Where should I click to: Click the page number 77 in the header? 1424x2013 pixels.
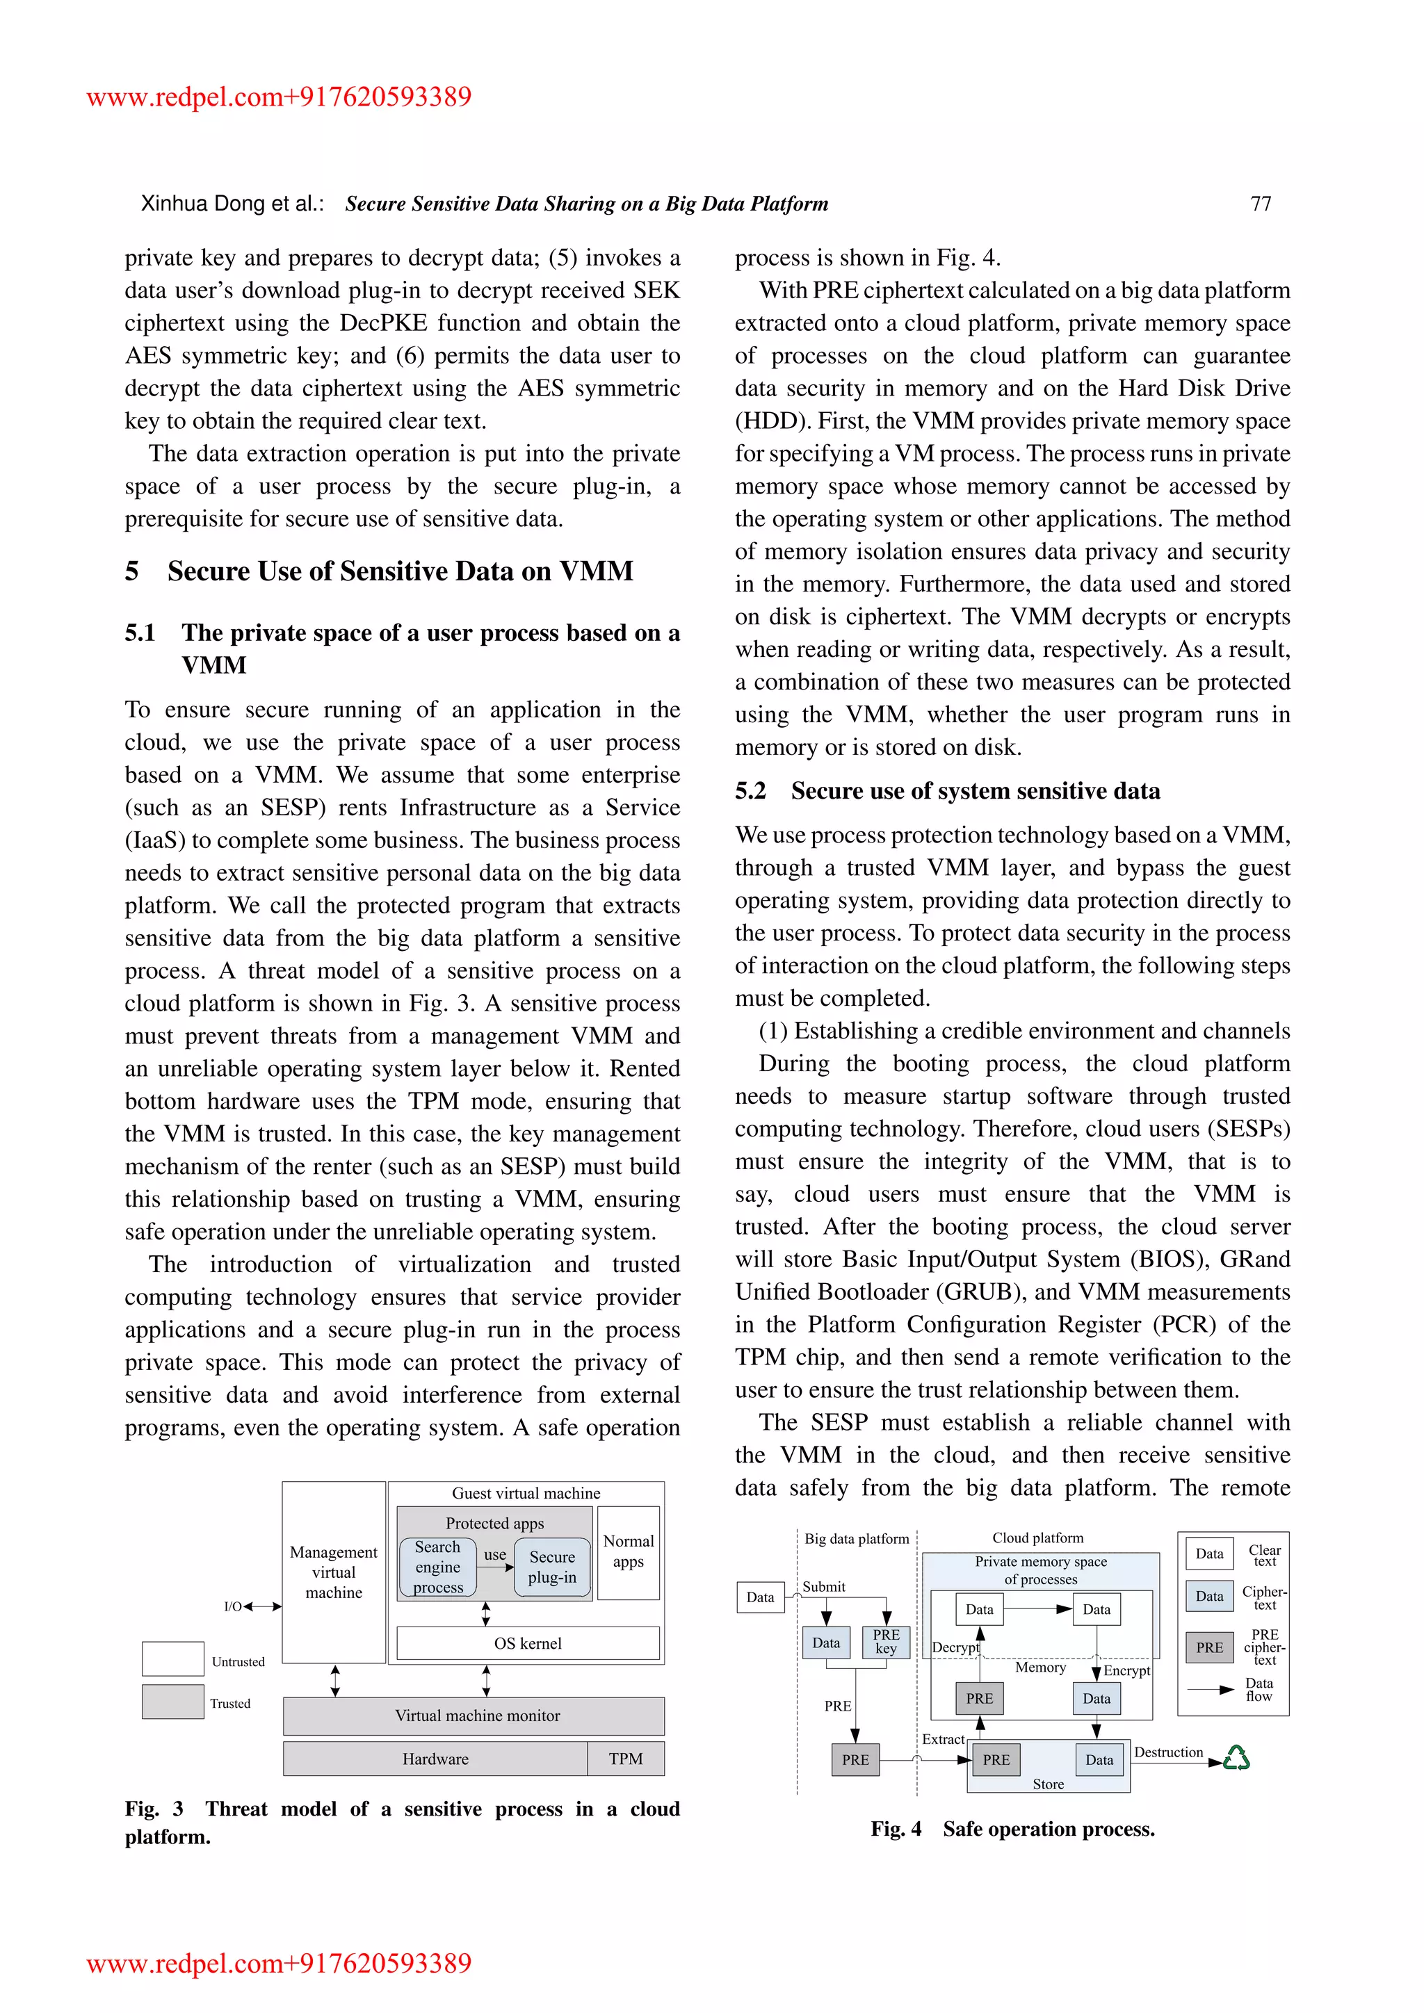tap(1260, 204)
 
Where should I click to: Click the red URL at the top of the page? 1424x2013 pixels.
tap(279, 97)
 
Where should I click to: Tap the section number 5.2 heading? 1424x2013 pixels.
tap(750, 791)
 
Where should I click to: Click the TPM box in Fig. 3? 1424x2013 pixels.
tap(625, 1759)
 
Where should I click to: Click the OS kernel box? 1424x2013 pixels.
tap(528, 1643)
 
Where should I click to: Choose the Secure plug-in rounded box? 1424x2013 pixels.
tap(552, 1567)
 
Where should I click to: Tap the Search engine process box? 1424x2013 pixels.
tap(437, 1567)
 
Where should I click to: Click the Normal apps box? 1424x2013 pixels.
tap(628, 1552)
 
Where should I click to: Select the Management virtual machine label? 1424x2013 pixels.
tap(333, 1572)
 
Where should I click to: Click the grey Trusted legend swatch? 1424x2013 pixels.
tap(172, 1702)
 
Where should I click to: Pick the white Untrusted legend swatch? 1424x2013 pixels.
tap(172, 1659)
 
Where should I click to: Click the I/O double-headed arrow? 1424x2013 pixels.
tap(262, 1606)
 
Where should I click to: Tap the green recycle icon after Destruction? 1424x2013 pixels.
tap(1236, 1757)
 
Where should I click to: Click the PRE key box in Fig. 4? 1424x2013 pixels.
tap(886, 1641)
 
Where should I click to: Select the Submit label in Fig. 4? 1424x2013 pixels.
tap(823, 1587)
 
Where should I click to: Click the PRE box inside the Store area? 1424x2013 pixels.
tap(996, 1759)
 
